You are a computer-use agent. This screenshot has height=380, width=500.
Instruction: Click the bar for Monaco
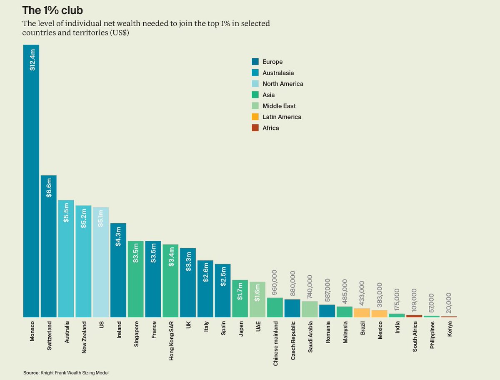point(31,181)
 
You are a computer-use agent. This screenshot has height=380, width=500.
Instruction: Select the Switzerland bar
point(48,246)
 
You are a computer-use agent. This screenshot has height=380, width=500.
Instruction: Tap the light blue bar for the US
point(101,262)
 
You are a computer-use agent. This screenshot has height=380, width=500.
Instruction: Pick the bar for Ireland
point(118,270)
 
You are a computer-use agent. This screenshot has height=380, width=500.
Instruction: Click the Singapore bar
point(135,279)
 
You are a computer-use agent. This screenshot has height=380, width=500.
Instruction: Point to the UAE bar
point(257,299)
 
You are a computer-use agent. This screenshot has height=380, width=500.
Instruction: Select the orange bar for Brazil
point(362,313)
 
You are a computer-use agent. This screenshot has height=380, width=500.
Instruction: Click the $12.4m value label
point(32,60)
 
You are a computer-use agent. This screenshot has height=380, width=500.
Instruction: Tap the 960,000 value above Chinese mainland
point(275,282)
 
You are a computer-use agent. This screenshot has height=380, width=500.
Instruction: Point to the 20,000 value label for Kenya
point(449,303)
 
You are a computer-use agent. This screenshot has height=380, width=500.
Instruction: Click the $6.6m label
point(49,188)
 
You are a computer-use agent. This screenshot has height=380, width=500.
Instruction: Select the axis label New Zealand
point(84,337)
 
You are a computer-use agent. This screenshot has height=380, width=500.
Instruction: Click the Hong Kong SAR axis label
point(171,341)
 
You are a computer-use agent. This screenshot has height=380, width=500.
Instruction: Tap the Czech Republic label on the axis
point(293,340)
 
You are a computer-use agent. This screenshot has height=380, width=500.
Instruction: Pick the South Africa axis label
point(415,337)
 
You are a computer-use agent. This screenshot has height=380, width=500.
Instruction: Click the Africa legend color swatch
point(255,128)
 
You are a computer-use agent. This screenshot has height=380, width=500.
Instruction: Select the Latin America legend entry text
point(282,117)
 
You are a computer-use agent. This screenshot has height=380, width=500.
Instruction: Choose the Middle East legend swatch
point(255,106)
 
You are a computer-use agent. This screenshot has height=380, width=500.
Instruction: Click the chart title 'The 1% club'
point(52,10)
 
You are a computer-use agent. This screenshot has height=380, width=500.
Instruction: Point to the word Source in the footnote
point(31,372)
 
